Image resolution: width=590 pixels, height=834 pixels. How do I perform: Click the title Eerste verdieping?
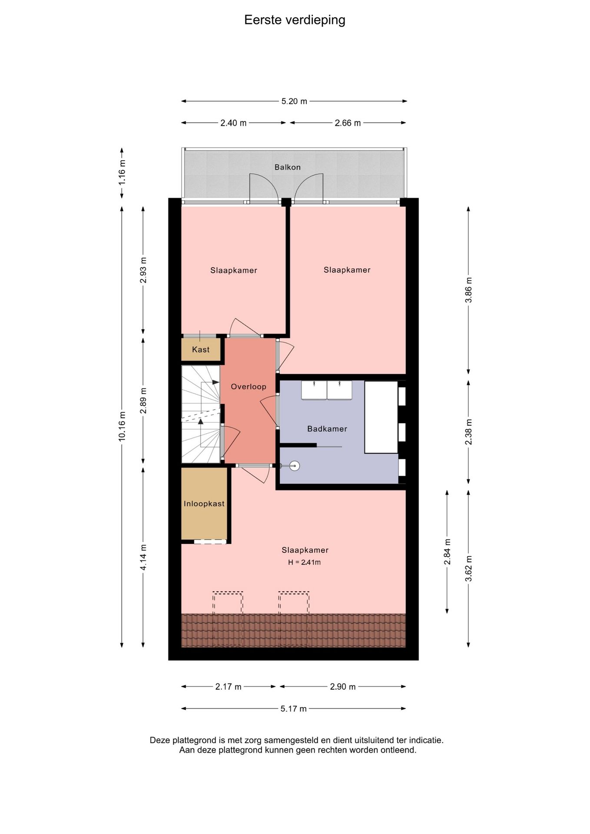click(295, 20)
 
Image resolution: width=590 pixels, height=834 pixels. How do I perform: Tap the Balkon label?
click(288, 167)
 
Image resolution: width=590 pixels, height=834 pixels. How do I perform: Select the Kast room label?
click(201, 350)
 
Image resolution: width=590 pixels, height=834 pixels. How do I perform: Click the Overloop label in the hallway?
click(249, 387)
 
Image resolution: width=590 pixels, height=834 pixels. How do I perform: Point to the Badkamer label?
click(327, 429)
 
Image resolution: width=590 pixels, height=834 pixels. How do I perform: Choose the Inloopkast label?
click(204, 504)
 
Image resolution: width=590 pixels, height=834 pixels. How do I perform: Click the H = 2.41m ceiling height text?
click(305, 562)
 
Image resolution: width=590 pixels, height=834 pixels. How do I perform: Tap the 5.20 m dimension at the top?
click(294, 101)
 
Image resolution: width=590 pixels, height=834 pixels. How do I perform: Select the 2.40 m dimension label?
click(233, 123)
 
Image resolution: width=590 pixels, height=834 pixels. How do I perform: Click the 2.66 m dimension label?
click(348, 123)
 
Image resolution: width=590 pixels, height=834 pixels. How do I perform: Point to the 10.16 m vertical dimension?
click(122, 427)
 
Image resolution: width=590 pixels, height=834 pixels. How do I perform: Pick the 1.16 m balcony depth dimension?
click(122, 172)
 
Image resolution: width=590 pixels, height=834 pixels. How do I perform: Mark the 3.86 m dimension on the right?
click(468, 290)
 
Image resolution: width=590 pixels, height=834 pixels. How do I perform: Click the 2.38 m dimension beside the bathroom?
click(468, 432)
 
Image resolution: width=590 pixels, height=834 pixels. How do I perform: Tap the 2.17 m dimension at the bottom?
click(229, 687)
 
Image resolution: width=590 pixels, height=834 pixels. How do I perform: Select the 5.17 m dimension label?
click(294, 709)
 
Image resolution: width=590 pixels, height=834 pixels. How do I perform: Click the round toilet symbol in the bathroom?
click(295, 466)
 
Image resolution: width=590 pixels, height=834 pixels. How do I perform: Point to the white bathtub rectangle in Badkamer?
click(381, 417)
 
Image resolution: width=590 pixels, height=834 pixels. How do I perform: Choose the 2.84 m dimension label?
click(447, 552)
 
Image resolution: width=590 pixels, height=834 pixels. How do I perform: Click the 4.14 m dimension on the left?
click(143, 557)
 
